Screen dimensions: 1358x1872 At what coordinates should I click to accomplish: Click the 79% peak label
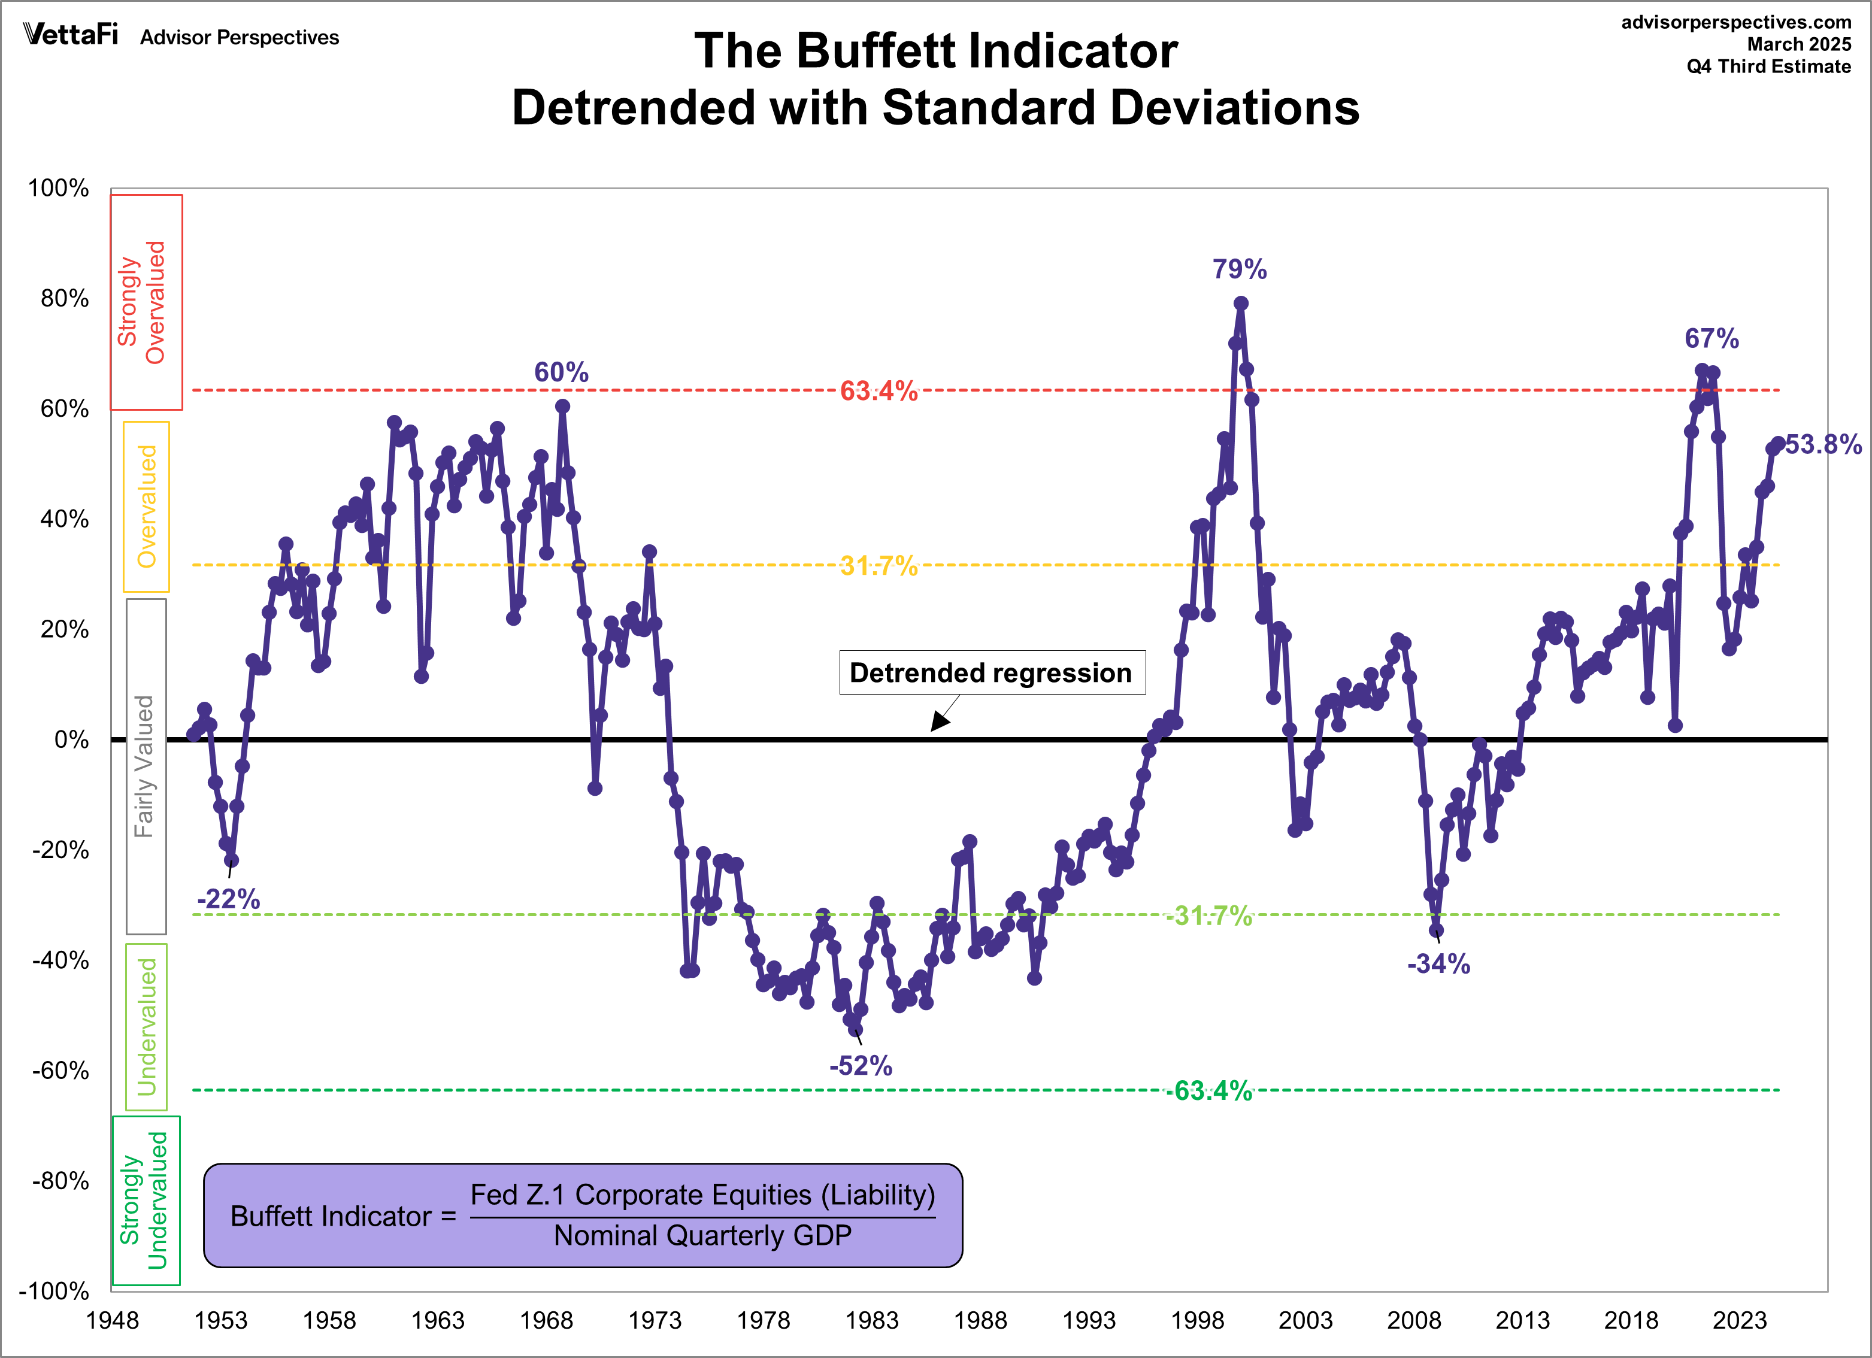coord(1239,269)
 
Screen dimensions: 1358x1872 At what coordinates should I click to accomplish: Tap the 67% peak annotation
coord(1711,338)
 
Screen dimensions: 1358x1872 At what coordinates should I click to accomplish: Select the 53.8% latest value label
coord(1822,445)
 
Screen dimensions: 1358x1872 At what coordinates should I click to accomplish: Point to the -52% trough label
coord(860,1066)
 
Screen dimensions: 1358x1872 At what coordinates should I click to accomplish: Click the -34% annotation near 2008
coord(1438,963)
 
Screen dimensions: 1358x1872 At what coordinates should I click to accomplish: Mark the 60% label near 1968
coord(561,372)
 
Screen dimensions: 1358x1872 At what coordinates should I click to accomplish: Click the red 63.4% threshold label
coord(879,390)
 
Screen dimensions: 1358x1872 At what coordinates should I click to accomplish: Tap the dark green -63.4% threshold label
coord(1209,1090)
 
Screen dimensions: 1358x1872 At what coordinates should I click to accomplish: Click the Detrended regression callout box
coord(991,673)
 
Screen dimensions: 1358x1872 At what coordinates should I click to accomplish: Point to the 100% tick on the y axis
coord(59,188)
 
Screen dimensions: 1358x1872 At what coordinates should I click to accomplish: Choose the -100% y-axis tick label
coord(54,1290)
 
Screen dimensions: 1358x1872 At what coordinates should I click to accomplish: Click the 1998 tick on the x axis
coord(1197,1321)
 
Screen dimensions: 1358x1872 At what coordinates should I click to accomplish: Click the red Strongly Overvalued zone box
coord(146,302)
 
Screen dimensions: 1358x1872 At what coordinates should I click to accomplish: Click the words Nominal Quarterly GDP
coord(702,1235)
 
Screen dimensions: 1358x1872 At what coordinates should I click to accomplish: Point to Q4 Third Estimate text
coord(1768,67)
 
